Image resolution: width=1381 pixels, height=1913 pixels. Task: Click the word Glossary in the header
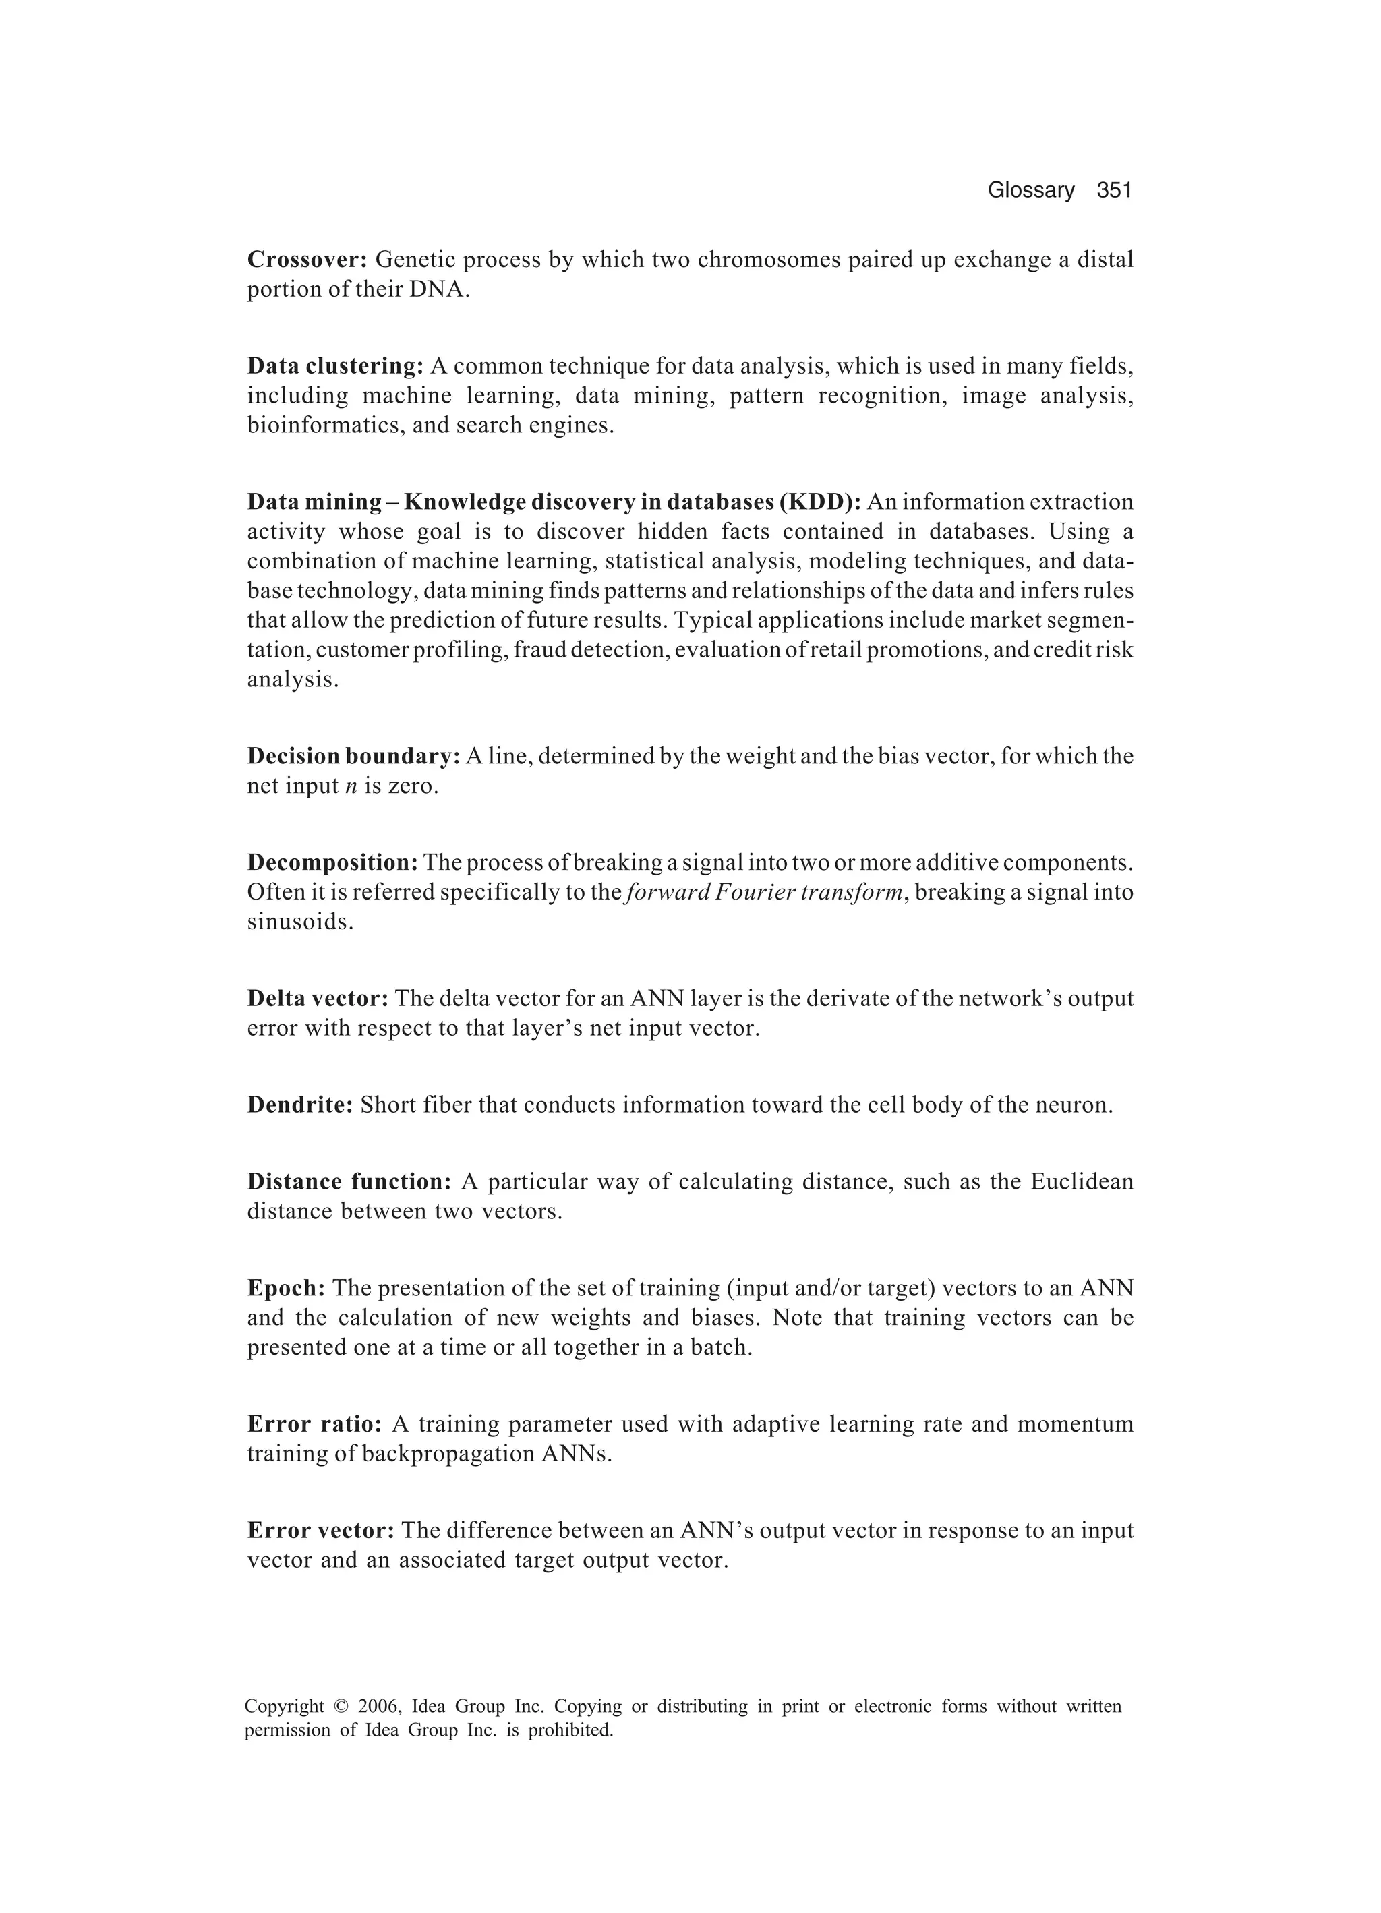pyautogui.click(x=1031, y=191)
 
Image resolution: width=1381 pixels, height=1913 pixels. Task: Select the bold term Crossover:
pyautogui.click(x=307, y=260)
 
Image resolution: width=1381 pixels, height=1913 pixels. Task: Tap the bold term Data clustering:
pyautogui.click(x=335, y=366)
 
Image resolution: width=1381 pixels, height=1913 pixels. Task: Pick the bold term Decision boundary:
pyautogui.click(x=353, y=756)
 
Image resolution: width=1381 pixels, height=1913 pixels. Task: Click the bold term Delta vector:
pyautogui.click(x=317, y=999)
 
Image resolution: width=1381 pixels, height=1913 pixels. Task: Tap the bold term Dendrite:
pyautogui.click(x=299, y=1105)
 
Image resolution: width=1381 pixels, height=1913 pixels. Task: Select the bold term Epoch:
pyautogui.click(x=286, y=1288)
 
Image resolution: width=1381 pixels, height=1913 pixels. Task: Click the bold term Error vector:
pyautogui.click(x=320, y=1531)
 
